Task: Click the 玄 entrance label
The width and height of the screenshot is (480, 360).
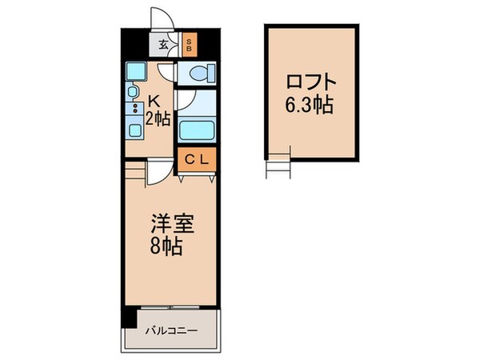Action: pos(162,45)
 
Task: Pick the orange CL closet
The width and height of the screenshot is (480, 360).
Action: pos(197,159)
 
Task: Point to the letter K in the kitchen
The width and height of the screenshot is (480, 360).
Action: pos(157,102)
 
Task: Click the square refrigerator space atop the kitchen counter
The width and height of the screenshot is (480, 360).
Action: pos(134,70)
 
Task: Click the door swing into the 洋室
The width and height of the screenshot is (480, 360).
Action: pos(161,169)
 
